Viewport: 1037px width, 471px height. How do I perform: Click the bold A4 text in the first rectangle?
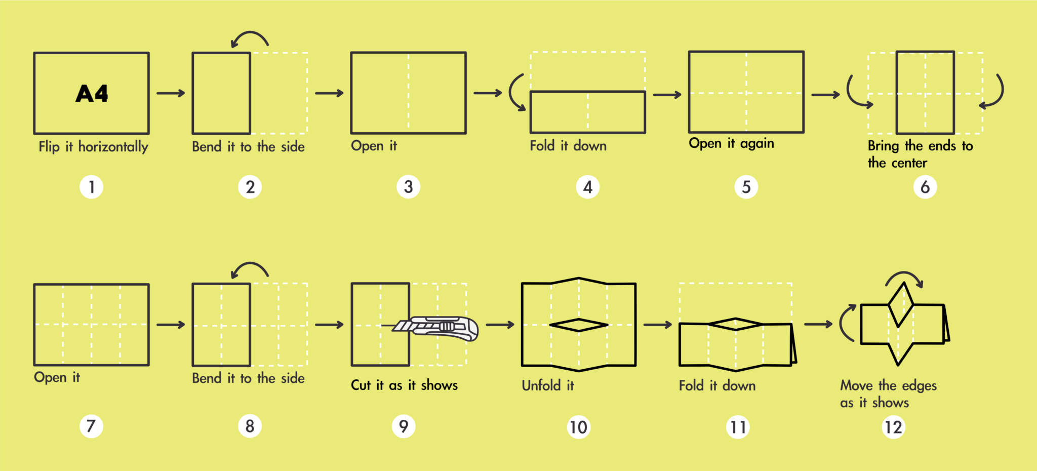tap(92, 94)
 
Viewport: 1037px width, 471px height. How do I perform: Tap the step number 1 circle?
tap(92, 187)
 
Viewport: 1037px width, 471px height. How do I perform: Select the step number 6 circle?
tap(925, 187)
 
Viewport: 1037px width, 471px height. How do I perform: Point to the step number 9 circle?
tap(404, 426)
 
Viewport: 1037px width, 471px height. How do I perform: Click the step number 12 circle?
tap(893, 427)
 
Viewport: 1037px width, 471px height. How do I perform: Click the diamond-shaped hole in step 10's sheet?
tap(579, 325)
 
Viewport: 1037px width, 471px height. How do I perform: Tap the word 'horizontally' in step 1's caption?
tap(113, 147)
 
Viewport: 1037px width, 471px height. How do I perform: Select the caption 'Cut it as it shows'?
tap(404, 385)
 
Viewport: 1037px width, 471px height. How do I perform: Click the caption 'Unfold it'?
tap(548, 385)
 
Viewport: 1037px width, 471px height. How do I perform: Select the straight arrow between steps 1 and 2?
tap(171, 93)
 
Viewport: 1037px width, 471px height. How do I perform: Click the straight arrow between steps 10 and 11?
tap(657, 325)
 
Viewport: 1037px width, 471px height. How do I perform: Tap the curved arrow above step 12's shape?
tap(905, 278)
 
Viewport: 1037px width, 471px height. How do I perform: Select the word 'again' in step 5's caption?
tap(757, 144)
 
